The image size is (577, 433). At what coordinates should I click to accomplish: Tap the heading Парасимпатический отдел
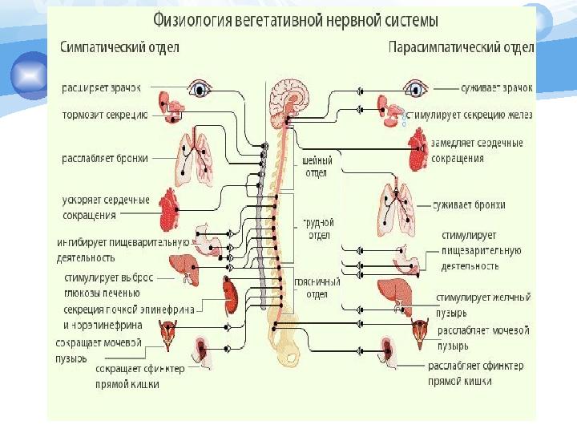(461, 47)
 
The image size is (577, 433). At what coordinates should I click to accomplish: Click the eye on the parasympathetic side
(414, 87)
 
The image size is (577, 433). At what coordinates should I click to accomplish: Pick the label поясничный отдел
(318, 287)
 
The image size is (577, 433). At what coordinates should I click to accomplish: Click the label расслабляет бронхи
(105, 159)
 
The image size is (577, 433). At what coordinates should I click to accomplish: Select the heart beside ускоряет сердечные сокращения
(171, 209)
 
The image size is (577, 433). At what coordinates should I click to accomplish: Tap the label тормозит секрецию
(104, 115)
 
